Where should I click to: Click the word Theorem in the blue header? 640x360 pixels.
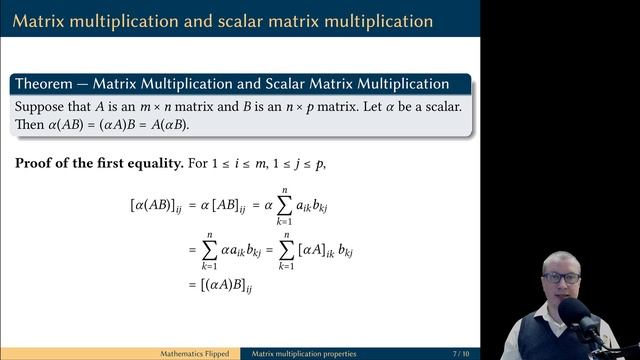[45, 84]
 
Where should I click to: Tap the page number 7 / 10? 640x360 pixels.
[462, 354]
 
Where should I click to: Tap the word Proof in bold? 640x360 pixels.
[37, 163]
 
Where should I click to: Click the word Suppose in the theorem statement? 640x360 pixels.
[40, 106]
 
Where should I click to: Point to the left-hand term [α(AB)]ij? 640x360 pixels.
[155, 205]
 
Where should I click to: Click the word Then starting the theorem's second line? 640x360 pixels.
[29, 125]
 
